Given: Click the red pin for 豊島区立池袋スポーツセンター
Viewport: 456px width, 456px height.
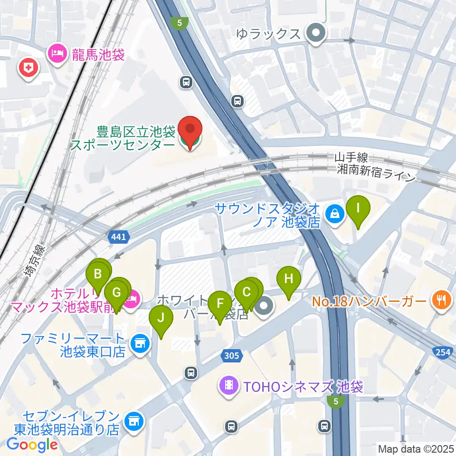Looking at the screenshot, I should point(190,129).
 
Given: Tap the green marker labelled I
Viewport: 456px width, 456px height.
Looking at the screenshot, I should point(358,209).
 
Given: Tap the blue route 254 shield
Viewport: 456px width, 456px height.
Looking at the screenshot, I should point(442,352).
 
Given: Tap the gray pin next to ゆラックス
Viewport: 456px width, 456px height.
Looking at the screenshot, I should point(315,34).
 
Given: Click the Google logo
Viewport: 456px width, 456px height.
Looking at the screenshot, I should point(32,445).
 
